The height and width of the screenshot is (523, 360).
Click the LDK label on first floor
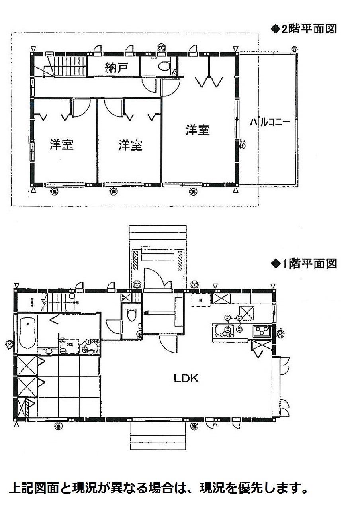click(186, 378)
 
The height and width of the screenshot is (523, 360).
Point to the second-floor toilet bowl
click(164, 66)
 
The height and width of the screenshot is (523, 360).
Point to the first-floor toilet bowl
click(132, 315)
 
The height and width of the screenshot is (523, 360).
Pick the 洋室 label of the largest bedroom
click(198, 130)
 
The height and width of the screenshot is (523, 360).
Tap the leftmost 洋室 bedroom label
click(62, 145)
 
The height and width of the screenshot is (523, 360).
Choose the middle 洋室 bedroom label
click(130, 145)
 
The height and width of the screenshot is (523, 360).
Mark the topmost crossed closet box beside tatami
click(27, 366)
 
